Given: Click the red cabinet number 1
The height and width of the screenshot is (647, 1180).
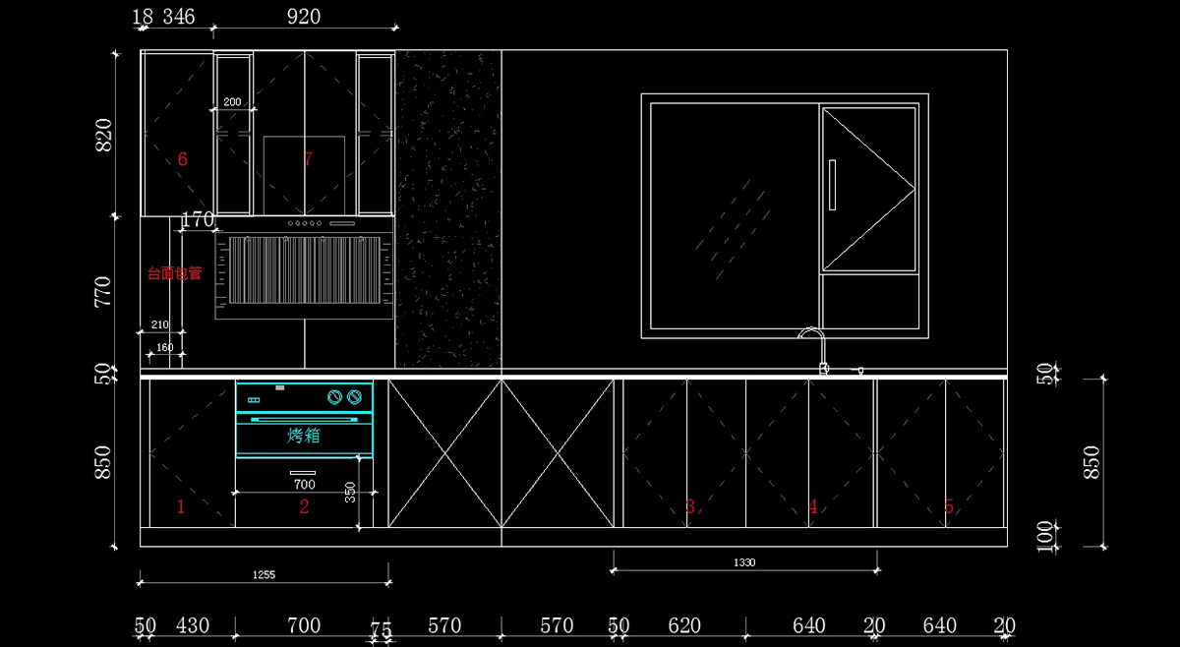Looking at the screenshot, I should tap(180, 507).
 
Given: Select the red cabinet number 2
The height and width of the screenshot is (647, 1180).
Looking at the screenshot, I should tap(304, 507).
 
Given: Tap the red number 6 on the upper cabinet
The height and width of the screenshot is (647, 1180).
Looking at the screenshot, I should tap(182, 159).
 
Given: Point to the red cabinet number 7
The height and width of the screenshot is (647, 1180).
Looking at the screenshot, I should tap(308, 159).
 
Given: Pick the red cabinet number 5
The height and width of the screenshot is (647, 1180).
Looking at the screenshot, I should tap(949, 507).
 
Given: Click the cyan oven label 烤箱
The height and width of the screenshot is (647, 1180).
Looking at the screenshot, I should tap(304, 436).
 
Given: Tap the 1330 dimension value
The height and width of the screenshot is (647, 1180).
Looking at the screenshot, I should tap(744, 562).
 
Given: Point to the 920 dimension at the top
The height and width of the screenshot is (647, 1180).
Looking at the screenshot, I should tap(303, 17).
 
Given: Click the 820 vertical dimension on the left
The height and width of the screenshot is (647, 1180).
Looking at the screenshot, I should tap(103, 135).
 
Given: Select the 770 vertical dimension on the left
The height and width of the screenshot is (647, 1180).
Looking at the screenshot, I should tap(103, 292).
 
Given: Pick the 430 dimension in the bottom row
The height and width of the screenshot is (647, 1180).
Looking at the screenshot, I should tap(192, 625).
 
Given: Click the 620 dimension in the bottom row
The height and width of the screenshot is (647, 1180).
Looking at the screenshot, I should tap(684, 625).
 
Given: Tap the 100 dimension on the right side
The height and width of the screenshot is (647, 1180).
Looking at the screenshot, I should tap(1046, 537).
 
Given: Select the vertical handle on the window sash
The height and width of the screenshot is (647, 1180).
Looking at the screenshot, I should tap(832, 185).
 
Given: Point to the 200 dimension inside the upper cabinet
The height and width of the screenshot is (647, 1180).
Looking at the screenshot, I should tap(232, 102).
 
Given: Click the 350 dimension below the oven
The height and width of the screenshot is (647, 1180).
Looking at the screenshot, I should tap(350, 493).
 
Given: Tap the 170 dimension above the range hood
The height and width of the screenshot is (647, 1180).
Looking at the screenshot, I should tap(198, 220).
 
